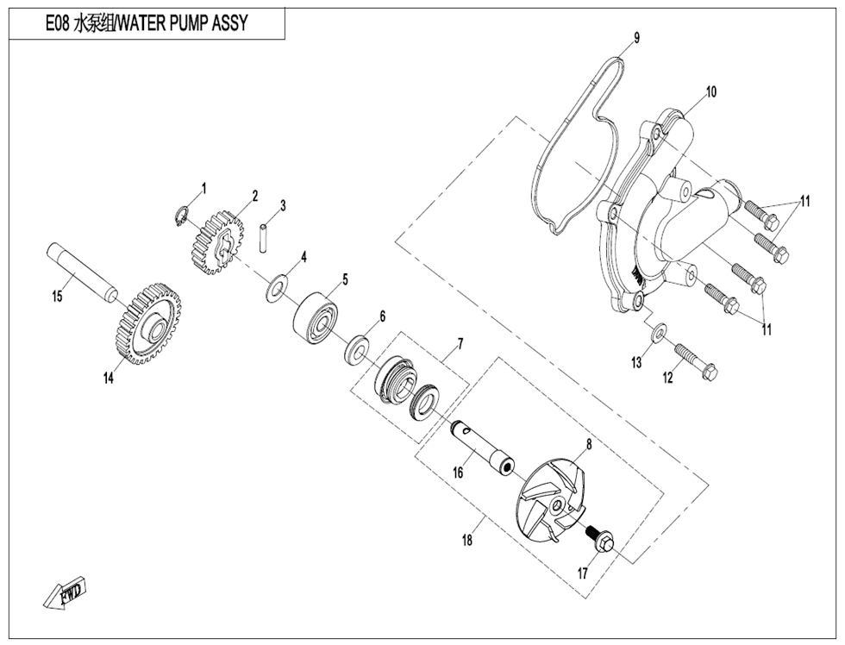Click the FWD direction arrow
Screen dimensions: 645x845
point(65,593)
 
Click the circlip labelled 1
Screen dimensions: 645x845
point(183,216)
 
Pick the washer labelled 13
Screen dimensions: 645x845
point(658,331)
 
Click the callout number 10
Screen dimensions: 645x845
point(711,91)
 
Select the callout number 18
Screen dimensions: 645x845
point(467,542)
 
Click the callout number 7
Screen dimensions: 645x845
point(460,343)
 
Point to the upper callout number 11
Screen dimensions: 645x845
point(804,203)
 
